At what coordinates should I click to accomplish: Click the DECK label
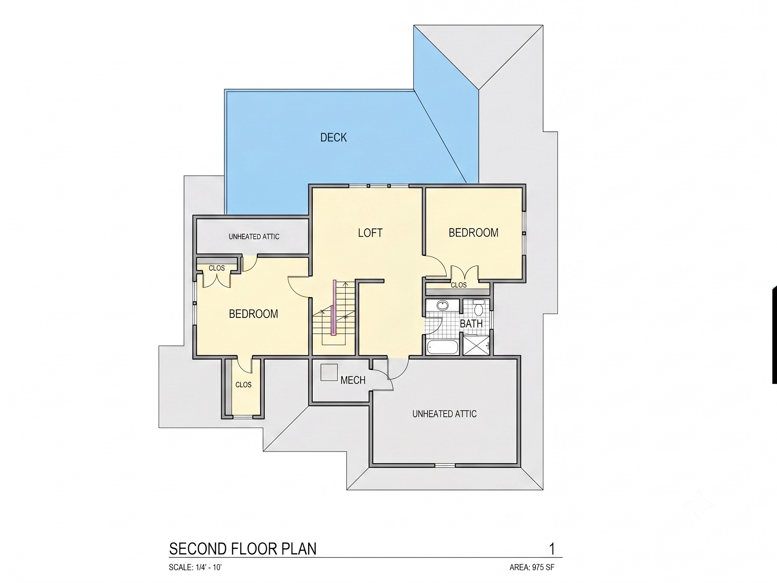[x=333, y=137]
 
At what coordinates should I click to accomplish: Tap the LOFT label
[x=370, y=233]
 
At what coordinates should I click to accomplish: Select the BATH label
[x=471, y=324]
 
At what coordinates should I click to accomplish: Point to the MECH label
[x=353, y=380]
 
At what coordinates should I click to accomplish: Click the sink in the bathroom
[x=442, y=305]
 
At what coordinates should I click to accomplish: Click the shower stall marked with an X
[x=476, y=345]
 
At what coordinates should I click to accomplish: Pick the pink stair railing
[x=335, y=308]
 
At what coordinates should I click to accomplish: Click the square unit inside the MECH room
[x=329, y=372]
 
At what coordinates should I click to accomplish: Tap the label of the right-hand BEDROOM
[x=473, y=233]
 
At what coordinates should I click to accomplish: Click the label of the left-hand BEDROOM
[x=253, y=314]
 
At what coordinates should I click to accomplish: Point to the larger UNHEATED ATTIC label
[x=444, y=414]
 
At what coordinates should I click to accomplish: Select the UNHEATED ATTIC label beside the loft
[x=254, y=237]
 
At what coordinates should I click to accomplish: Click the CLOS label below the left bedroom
[x=244, y=385]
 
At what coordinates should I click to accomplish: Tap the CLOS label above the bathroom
[x=459, y=285]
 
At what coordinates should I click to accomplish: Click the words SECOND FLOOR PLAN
[x=243, y=549]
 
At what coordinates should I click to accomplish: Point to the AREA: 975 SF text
[x=532, y=567]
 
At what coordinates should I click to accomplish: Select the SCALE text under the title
[x=195, y=567]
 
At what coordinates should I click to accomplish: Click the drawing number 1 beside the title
[x=552, y=549]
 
